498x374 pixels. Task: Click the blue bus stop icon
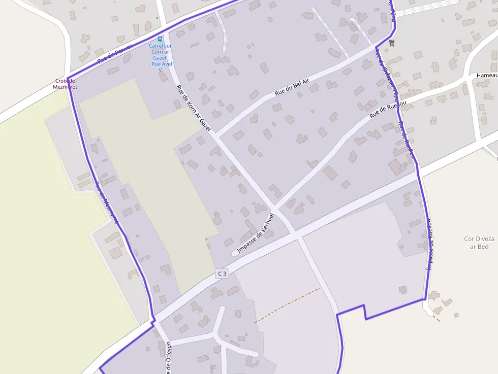point(160,39)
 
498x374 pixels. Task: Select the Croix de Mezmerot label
point(65,84)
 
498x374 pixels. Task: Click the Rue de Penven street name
point(115,53)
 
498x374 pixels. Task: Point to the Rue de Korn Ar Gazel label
point(193,108)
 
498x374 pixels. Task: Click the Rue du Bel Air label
point(292,88)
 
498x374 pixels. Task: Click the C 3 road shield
point(222,274)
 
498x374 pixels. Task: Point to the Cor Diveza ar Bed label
point(477,243)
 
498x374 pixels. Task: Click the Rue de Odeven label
point(168,358)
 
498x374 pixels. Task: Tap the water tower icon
point(391,43)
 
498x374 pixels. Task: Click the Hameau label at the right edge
point(486,75)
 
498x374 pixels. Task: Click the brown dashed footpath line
point(287,305)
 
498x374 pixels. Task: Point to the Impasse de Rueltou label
point(430,244)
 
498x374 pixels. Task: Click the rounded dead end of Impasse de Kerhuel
point(235,252)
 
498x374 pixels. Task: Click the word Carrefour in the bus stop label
point(160,46)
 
